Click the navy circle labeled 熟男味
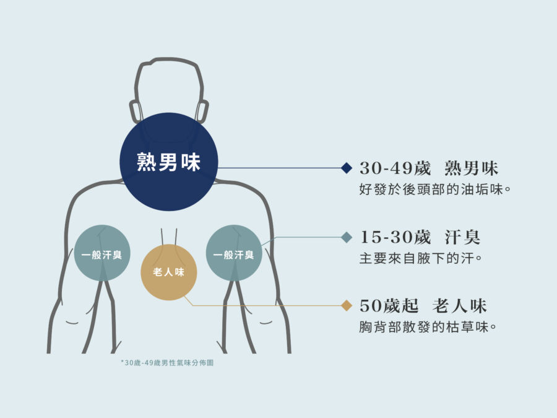point(169,162)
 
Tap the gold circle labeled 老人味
point(169,272)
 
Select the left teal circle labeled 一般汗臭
point(102,253)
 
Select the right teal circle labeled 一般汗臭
point(234,253)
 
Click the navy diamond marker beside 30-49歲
point(347,168)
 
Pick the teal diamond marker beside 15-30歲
point(347,237)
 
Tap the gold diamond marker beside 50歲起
point(347,305)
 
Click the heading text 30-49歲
point(395,168)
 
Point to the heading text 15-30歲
point(395,237)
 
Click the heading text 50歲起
point(389,306)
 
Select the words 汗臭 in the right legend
point(462,237)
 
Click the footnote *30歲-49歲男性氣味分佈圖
point(167,362)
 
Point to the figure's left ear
point(135,111)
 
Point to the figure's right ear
point(203,111)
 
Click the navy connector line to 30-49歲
point(279,168)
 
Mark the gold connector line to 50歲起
point(263,305)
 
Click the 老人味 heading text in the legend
point(459,306)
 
